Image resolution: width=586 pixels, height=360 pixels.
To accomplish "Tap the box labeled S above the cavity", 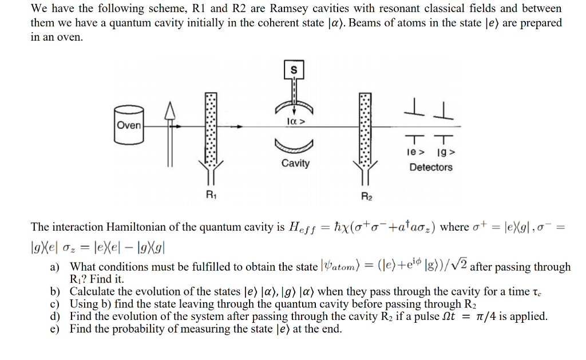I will click(x=295, y=70).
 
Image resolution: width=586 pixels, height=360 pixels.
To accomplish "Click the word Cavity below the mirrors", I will click(x=295, y=164).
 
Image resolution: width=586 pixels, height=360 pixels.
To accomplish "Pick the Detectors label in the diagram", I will click(x=430, y=167).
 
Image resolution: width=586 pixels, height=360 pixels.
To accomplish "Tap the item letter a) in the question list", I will click(x=55, y=267).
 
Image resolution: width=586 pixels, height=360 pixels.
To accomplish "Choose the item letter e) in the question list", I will click(x=55, y=329).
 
